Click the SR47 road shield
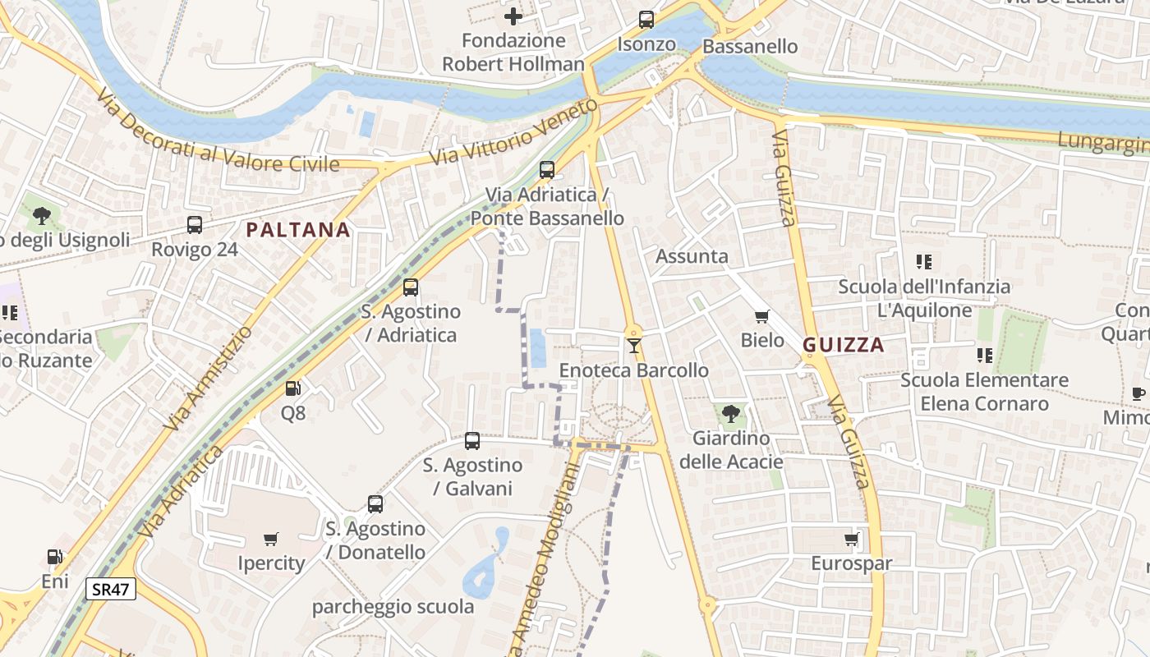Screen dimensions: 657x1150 coord(111,589)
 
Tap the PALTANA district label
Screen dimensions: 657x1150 coord(298,230)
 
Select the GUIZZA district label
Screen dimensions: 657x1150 coord(844,345)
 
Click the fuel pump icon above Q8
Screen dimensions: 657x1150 coord(292,388)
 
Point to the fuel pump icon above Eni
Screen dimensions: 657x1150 coord(54,557)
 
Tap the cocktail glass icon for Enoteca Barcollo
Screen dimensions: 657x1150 coord(633,346)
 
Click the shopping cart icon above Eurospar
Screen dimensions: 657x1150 coord(851,540)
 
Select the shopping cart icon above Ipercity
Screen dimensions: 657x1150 coord(271,540)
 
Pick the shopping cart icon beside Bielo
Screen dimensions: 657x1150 coord(762,316)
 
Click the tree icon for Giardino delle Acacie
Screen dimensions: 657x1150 coord(730,413)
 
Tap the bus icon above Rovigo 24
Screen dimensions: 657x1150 coord(195,225)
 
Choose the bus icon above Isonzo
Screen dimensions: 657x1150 coord(646,20)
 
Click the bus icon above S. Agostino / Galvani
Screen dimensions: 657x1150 coord(472,441)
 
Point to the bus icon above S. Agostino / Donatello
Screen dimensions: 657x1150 coord(375,504)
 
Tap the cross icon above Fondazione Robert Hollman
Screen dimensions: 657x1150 coord(513,16)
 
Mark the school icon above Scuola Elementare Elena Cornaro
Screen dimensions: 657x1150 coord(984,356)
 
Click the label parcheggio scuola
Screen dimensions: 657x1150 coord(393,607)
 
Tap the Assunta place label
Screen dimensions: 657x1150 coord(692,256)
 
